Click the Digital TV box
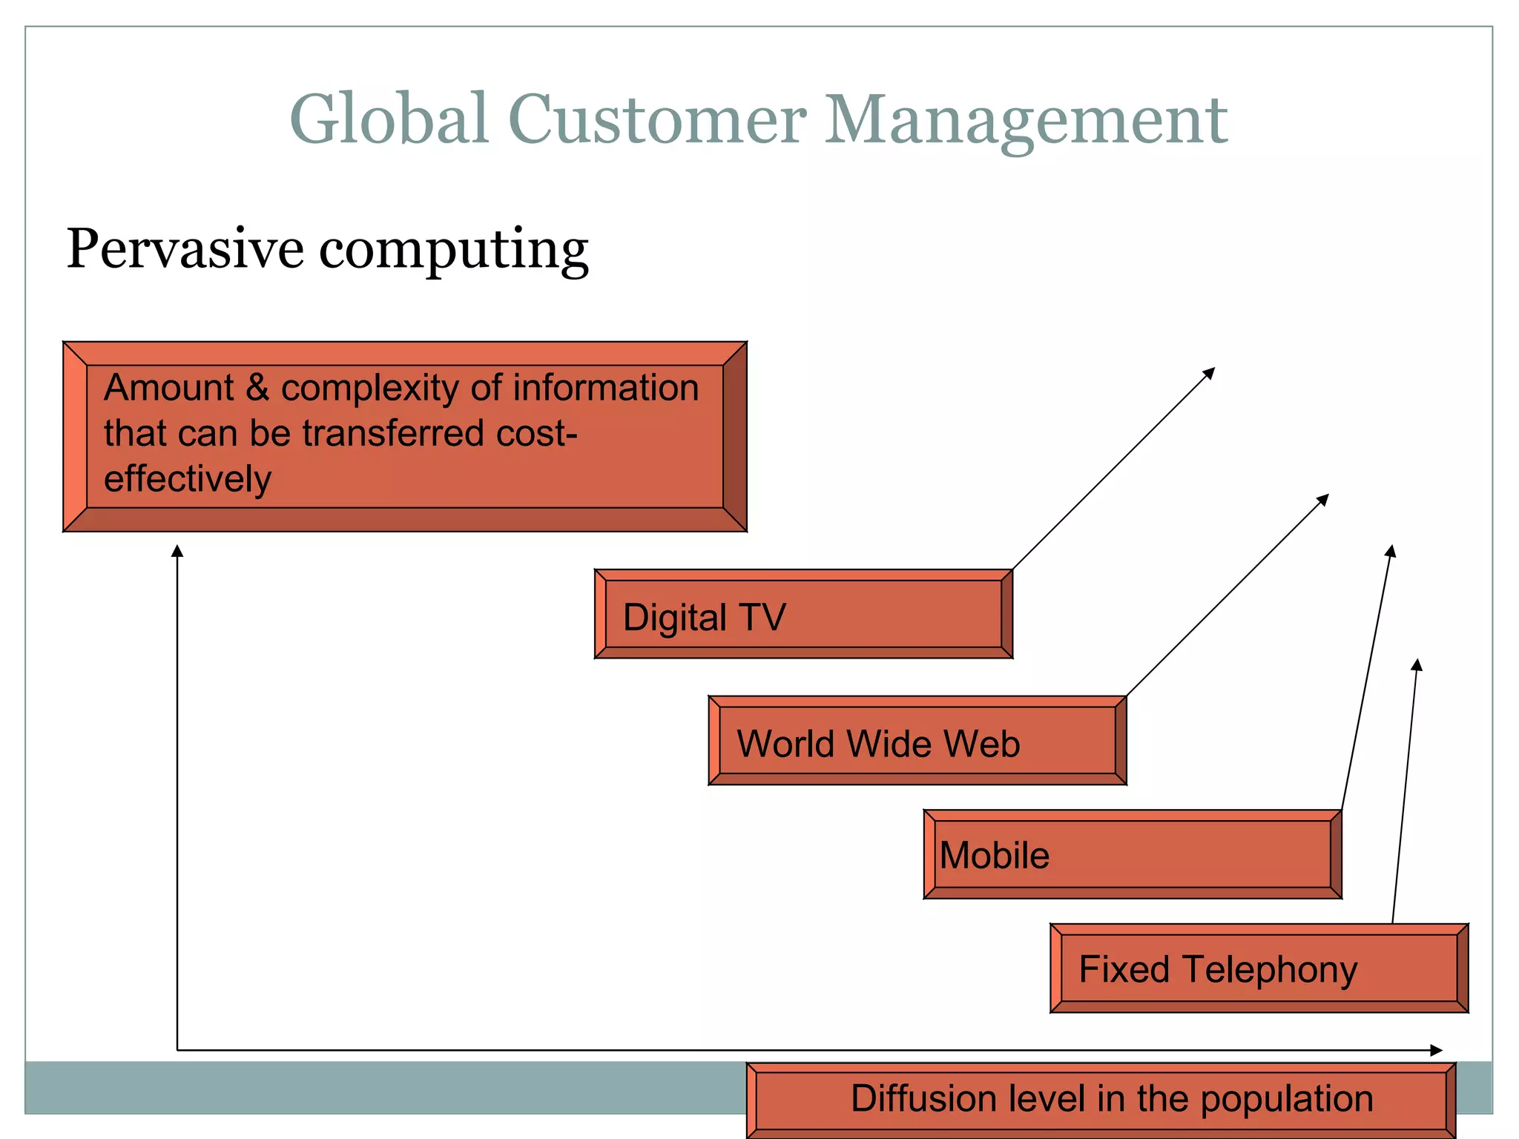point(803,615)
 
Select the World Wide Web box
point(917,741)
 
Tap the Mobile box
point(1132,854)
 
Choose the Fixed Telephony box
point(1259,968)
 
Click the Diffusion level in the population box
point(1101,1099)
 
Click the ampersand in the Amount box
point(257,388)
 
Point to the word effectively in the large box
point(188,479)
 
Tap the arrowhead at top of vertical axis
point(177,551)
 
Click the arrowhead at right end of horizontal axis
point(1437,1050)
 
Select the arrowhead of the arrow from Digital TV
point(1210,372)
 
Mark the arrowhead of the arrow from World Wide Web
point(1323,499)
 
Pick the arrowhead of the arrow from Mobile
point(1391,551)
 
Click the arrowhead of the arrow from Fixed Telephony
point(1417,664)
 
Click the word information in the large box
point(605,388)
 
